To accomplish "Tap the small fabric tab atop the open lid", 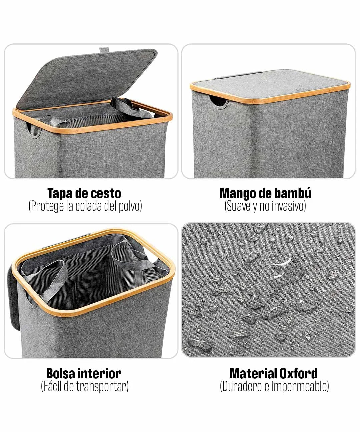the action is coord(104,50).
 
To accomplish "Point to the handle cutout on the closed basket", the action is coord(219,101).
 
